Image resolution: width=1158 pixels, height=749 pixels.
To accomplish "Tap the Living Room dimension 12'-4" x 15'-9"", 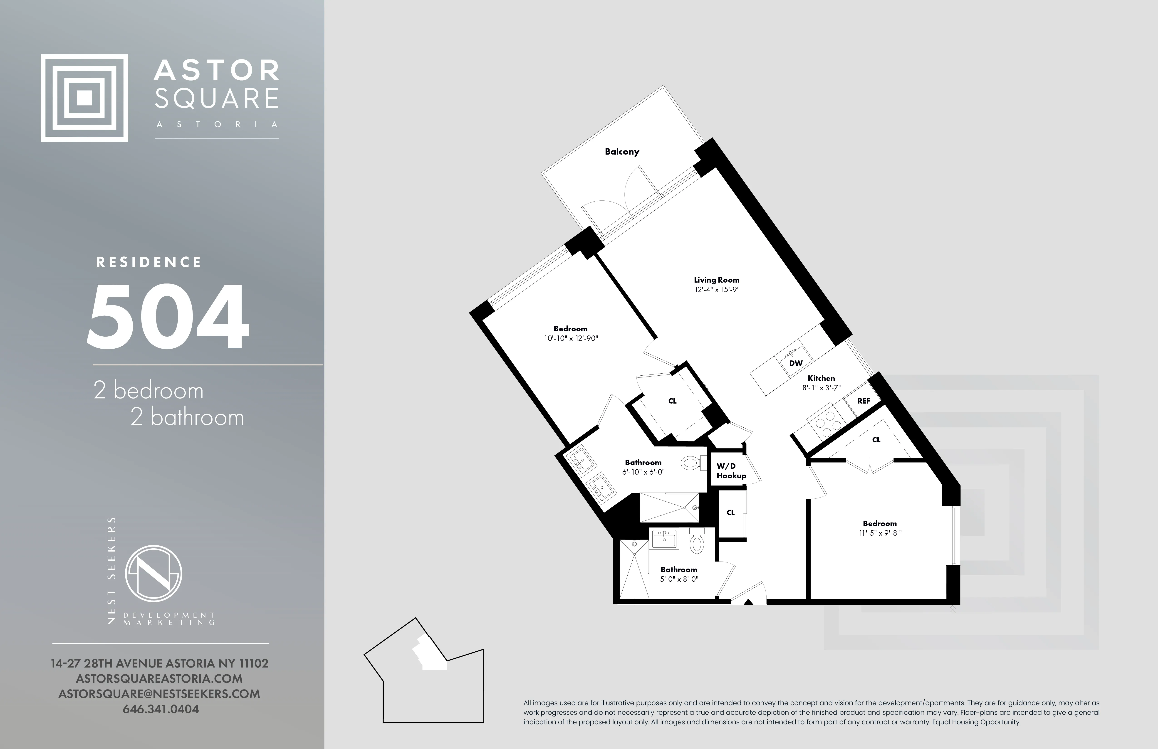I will click(717, 289).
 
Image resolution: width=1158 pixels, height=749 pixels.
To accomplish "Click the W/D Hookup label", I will click(731, 471).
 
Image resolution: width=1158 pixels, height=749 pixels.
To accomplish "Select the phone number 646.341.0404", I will click(161, 709).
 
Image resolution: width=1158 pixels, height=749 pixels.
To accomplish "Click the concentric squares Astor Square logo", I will click(84, 98).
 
